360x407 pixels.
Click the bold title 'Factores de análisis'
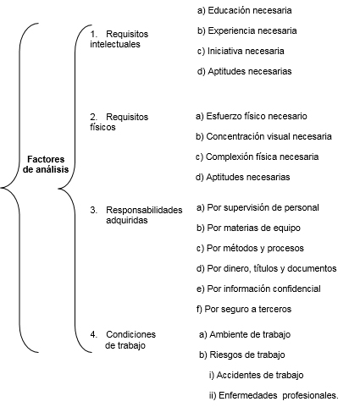tap(46, 164)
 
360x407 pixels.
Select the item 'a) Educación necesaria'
tap(245, 10)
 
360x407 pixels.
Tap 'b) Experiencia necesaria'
tap(247, 30)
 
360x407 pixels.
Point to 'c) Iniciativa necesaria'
tap(241, 51)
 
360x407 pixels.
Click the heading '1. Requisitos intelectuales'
tap(119, 39)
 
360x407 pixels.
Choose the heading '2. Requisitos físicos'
tap(119, 122)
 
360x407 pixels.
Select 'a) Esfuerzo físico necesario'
tap(252, 116)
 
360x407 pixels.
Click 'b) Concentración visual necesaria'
tap(263, 136)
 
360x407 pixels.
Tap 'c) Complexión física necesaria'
tap(258, 157)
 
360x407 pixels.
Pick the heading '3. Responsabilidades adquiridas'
tap(136, 215)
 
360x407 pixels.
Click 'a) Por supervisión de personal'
tap(258, 207)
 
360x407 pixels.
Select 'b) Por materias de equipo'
tap(248, 228)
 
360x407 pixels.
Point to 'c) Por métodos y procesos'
tap(250, 248)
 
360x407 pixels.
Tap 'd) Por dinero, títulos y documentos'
tap(267, 268)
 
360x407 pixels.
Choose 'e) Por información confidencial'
tap(258, 289)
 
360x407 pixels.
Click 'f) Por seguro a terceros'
tap(244, 309)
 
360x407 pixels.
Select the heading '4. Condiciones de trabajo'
tap(123, 340)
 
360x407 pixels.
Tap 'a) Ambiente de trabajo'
tap(245, 334)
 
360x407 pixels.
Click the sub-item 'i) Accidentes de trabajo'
tap(257, 375)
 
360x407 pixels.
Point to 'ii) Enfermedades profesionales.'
tap(274, 395)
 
